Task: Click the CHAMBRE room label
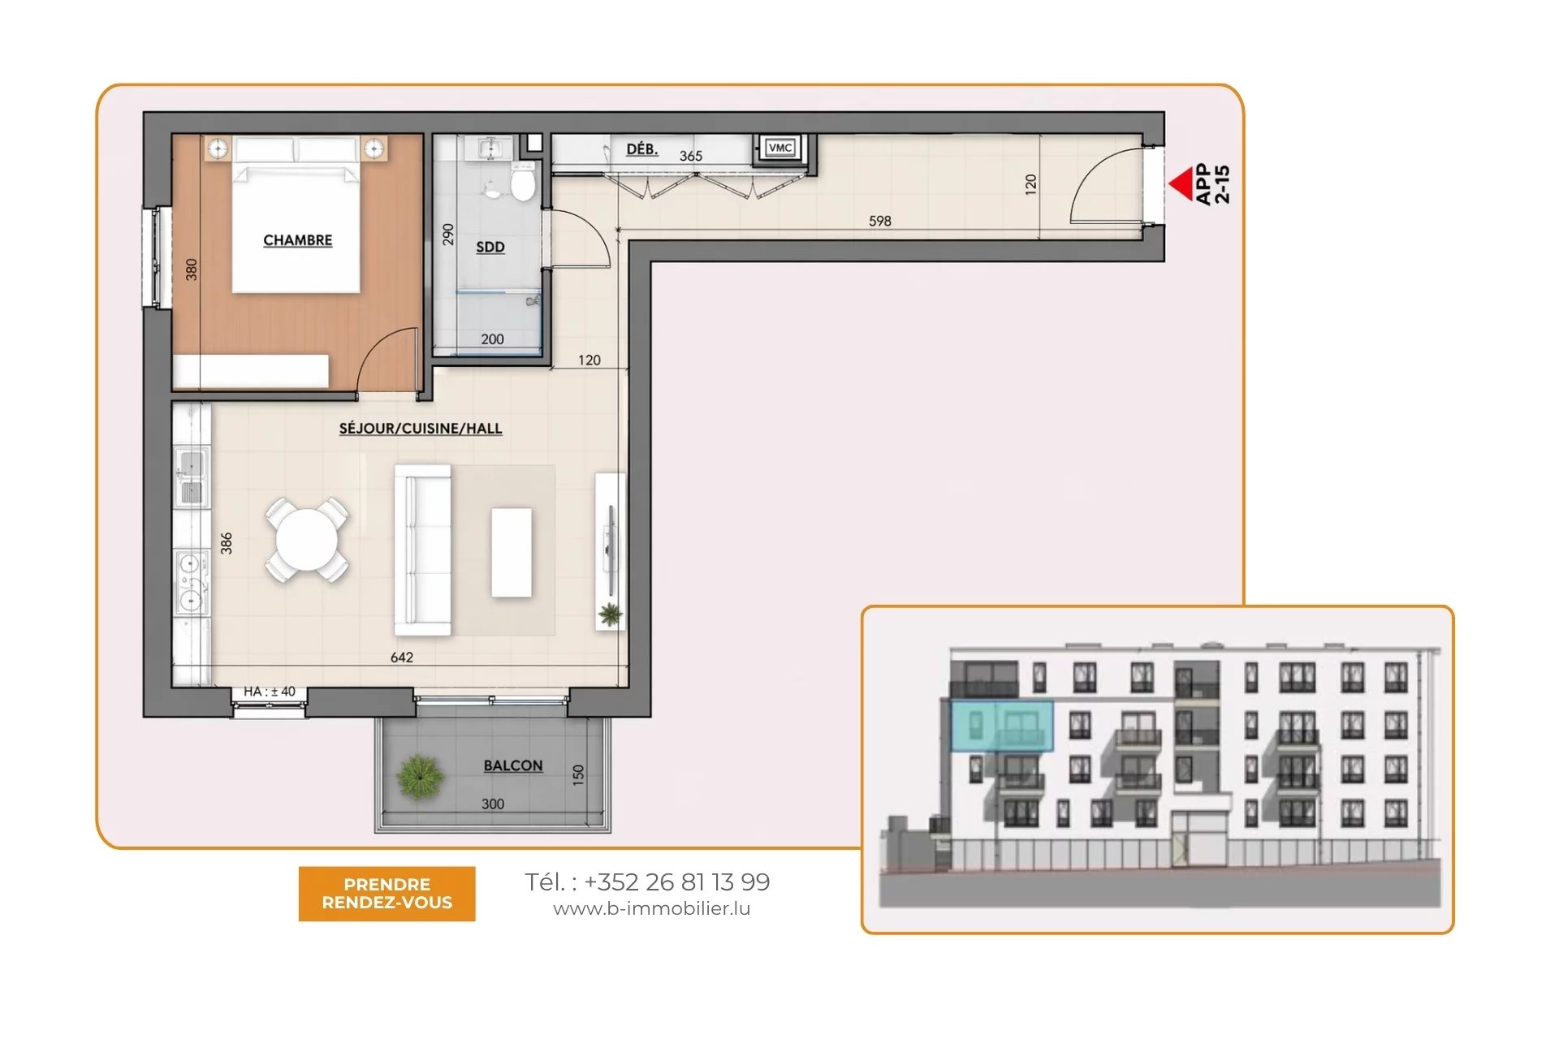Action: (x=298, y=240)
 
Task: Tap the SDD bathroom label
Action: (x=490, y=247)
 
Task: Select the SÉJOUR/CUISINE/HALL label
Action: (x=421, y=429)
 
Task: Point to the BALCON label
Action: (x=513, y=765)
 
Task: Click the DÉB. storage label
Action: (x=642, y=149)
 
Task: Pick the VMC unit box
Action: (x=780, y=148)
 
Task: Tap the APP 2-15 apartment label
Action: (x=1213, y=184)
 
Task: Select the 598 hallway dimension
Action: (x=880, y=221)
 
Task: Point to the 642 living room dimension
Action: (x=402, y=657)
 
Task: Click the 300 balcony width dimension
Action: (x=493, y=804)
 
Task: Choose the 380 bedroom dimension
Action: (x=192, y=269)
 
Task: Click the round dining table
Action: (x=307, y=540)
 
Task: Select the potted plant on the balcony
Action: (x=420, y=777)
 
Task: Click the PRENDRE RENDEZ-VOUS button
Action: (x=387, y=894)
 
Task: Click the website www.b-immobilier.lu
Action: (x=652, y=909)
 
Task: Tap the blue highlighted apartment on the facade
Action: (x=1002, y=726)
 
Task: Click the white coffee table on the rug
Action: (x=512, y=553)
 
